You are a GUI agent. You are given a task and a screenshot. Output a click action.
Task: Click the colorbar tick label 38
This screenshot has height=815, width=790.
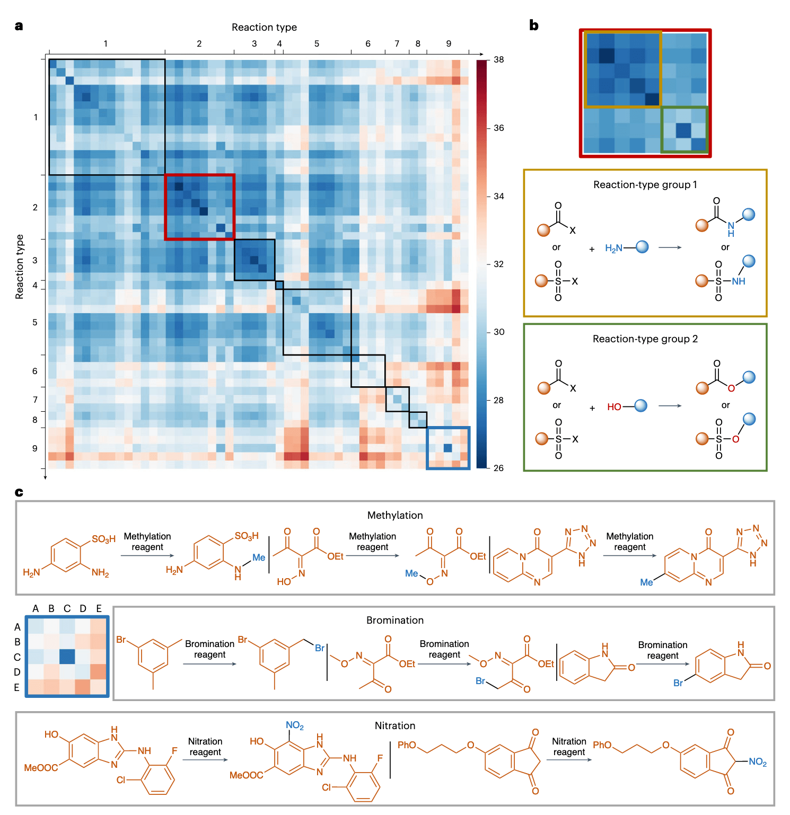[x=498, y=59]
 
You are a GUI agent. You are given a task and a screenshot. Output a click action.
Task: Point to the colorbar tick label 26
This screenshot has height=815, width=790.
[x=498, y=468]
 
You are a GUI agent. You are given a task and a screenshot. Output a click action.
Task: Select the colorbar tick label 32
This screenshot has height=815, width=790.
[x=498, y=264]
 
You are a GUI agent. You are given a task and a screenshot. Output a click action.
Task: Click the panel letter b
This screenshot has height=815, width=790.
[x=534, y=25]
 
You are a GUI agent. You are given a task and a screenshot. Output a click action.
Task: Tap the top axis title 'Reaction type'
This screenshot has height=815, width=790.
[x=264, y=27]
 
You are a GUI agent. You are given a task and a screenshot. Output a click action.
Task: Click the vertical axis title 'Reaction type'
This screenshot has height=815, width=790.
[x=20, y=267]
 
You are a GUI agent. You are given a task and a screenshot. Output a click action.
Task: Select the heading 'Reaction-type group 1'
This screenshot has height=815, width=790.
[x=645, y=184]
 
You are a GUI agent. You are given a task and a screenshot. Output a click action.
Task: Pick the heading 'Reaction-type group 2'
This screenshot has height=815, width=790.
[x=645, y=339]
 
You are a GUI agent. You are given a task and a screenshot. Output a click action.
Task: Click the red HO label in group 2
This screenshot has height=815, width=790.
[x=614, y=406]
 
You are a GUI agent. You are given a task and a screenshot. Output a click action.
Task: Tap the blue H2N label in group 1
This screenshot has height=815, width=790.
[x=613, y=248]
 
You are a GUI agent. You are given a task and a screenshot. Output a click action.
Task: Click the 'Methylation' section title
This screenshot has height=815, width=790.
[x=395, y=515]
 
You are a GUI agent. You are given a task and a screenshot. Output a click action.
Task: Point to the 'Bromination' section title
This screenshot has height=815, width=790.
[x=395, y=620]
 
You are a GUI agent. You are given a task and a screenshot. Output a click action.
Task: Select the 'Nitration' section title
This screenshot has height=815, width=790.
[x=395, y=725]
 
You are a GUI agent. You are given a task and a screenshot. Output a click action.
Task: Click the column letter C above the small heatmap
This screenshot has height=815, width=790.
[x=67, y=608]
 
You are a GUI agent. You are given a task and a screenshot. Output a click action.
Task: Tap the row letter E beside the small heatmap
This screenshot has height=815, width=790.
[x=17, y=687]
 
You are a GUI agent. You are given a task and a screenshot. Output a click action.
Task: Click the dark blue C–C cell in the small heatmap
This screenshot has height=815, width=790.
[x=67, y=657]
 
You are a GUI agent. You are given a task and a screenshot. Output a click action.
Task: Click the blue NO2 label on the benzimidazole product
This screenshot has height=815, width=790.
[x=294, y=725]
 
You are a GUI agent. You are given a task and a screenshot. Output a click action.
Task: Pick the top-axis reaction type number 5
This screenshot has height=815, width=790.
[x=317, y=43]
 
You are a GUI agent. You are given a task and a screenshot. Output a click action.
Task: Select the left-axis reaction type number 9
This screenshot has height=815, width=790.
[x=35, y=448]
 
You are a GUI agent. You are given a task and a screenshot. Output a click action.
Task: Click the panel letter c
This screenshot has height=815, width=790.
[x=19, y=492]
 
